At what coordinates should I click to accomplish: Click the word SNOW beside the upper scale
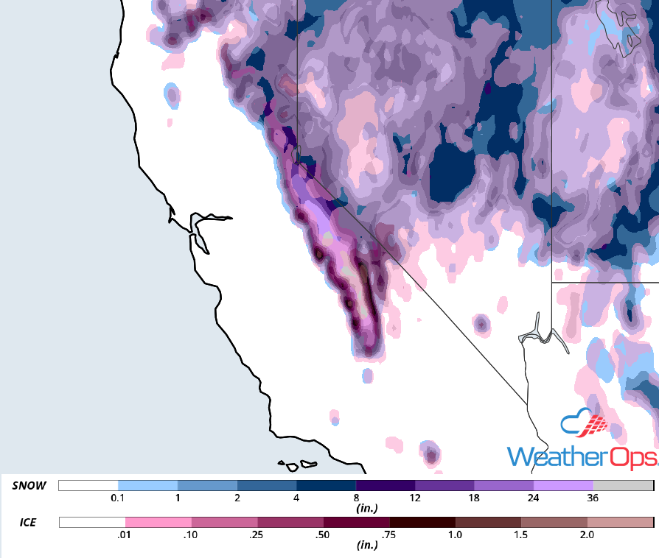[x=29, y=486]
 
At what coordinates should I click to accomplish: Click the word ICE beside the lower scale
[x=29, y=523]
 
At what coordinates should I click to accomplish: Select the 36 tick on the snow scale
[x=593, y=498]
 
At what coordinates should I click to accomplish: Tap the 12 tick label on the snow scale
[x=415, y=498]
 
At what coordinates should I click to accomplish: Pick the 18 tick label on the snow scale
[x=474, y=498]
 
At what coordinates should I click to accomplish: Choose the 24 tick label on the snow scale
[x=534, y=498]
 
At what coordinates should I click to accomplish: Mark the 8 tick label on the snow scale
[x=356, y=498]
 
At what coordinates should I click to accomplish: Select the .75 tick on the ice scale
[x=389, y=535]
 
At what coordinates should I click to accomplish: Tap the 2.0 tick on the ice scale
[x=587, y=535]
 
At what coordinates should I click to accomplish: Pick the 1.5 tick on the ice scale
[x=521, y=535]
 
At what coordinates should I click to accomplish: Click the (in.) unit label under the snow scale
[x=366, y=509]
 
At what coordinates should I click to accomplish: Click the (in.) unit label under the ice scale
[x=366, y=545]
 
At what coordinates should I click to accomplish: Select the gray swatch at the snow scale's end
[x=623, y=486]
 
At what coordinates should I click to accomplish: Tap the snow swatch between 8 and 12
[x=386, y=486]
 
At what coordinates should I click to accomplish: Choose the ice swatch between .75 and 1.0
[x=422, y=523]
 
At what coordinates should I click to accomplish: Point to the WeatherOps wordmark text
[x=582, y=456]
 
